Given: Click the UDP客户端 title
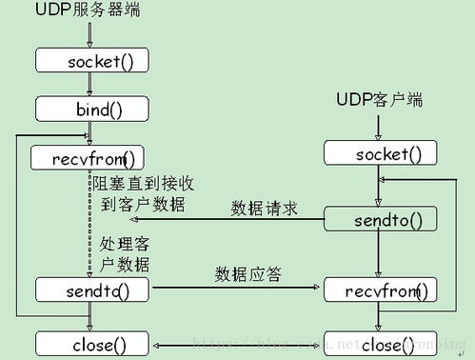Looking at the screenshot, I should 379,99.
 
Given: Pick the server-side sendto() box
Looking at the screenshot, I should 92,288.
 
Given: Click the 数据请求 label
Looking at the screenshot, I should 265,207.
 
